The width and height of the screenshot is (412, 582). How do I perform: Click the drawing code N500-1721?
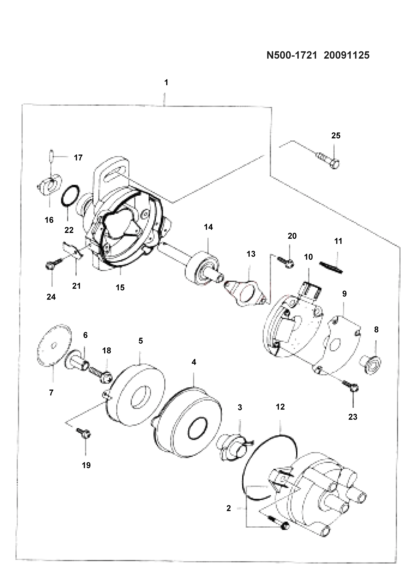click(292, 55)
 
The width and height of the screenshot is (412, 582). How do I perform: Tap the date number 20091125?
click(347, 55)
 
